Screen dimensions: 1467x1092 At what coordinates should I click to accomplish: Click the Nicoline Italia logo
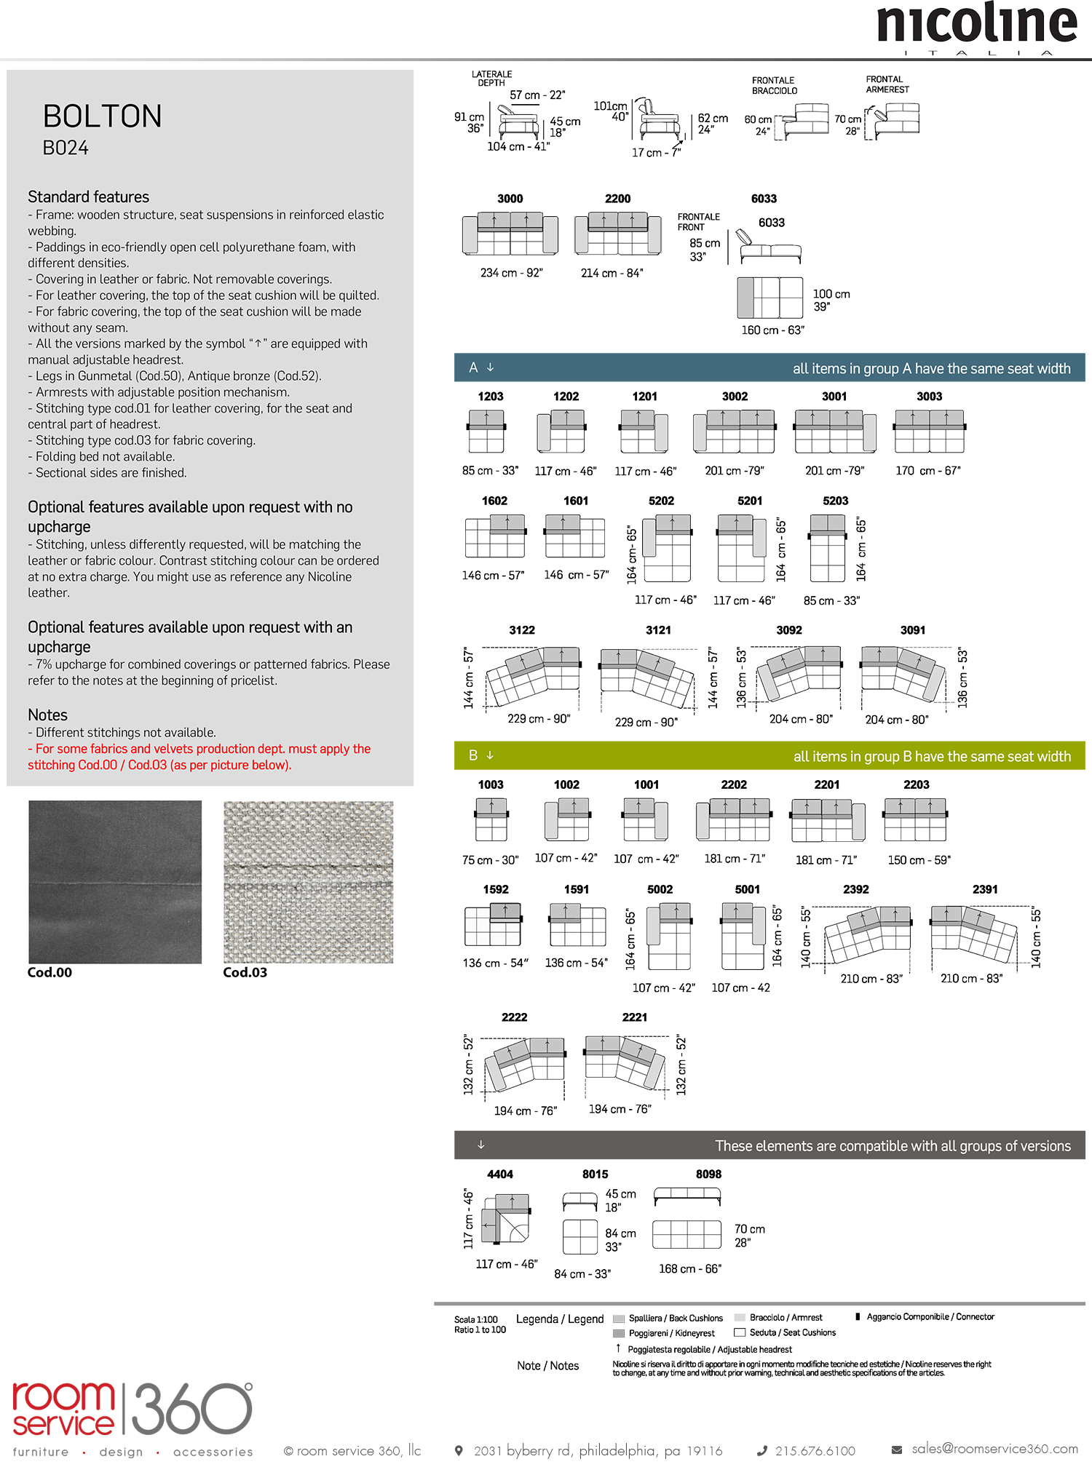[976, 28]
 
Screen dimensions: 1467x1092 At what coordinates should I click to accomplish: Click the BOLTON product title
[103, 116]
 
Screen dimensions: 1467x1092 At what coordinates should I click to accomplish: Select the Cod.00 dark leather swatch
[115, 882]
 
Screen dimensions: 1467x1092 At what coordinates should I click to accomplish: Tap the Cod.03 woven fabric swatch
[308, 882]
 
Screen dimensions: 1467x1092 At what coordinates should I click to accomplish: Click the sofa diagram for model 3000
[510, 234]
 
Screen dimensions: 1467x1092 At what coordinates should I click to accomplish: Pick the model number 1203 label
[491, 397]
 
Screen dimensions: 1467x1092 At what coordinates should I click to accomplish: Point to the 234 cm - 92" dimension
[511, 273]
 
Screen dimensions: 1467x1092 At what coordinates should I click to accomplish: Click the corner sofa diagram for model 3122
[534, 676]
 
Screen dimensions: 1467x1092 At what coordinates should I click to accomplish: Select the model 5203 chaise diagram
[828, 548]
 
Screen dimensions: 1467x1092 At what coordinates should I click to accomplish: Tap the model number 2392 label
[856, 889]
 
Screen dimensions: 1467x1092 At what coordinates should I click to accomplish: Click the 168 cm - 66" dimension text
[690, 1268]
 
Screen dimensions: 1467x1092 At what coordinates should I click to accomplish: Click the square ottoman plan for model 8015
[580, 1236]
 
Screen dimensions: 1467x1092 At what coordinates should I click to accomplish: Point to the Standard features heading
[88, 197]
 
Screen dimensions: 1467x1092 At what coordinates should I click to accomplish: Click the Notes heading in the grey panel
[47, 715]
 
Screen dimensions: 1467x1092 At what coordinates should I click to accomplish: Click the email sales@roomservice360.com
[994, 1449]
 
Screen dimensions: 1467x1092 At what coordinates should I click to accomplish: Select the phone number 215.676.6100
[815, 1450]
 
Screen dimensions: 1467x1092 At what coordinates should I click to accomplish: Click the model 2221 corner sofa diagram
[625, 1062]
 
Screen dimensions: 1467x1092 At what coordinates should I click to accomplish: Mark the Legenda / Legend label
[560, 1319]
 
